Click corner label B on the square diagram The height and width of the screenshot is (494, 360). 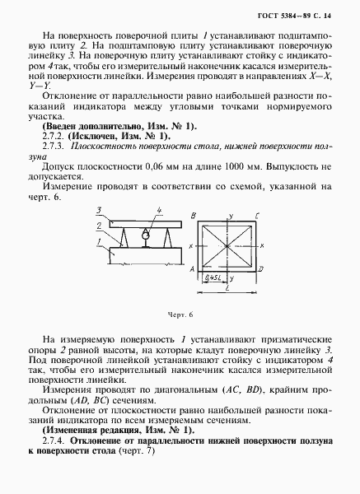click(x=191, y=216)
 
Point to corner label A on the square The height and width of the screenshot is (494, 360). click(x=192, y=268)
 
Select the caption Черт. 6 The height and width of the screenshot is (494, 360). click(x=179, y=315)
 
